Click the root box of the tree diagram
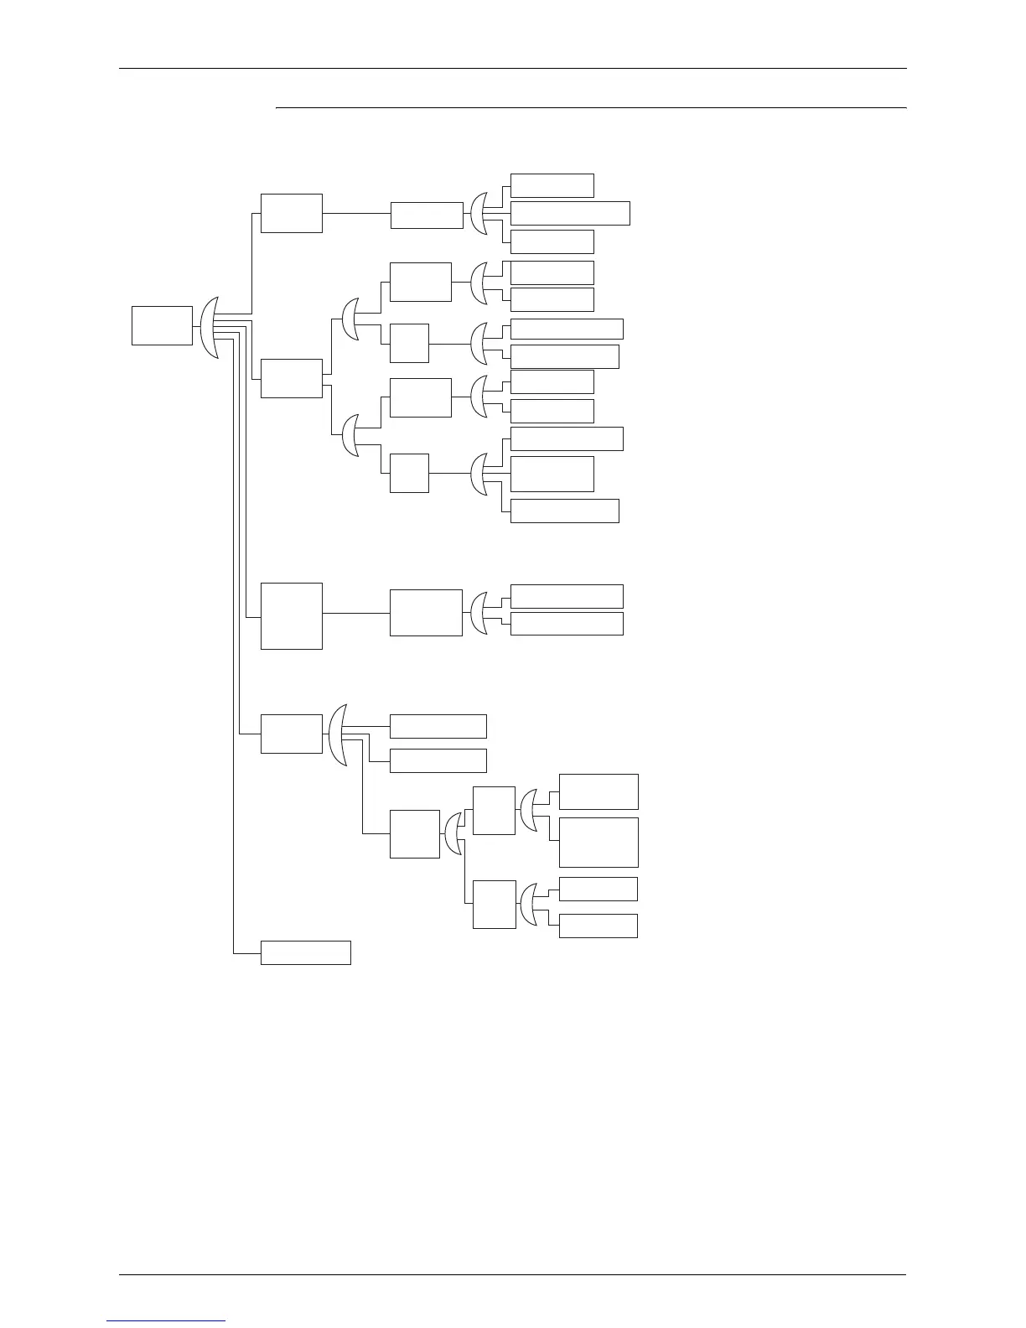[162, 325]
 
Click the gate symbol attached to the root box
[210, 327]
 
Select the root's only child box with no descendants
[305, 952]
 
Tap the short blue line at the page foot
[166, 1321]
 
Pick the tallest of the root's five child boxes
[291, 615]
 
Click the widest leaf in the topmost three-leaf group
[570, 213]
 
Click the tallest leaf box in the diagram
[598, 842]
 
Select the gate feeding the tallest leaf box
[529, 811]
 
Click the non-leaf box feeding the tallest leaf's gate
[494, 811]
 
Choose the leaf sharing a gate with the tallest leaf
[598, 791]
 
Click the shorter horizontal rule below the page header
[591, 107]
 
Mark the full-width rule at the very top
[512, 69]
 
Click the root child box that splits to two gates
[291, 378]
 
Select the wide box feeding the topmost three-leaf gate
[427, 215]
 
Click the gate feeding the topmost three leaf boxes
[479, 215]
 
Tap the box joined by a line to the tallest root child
[426, 613]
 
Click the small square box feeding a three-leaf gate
[409, 473]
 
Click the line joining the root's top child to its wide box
[356, 213]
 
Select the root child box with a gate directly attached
[291, 734]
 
